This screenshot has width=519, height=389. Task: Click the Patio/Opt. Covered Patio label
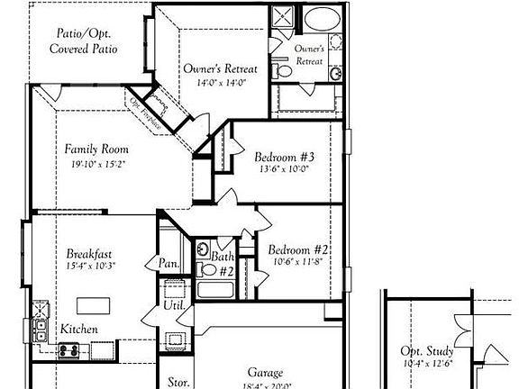[83, 41]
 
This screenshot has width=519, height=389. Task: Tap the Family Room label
[96, 149]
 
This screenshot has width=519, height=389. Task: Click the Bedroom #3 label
[283, 155]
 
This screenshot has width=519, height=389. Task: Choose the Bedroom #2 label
[296, 249]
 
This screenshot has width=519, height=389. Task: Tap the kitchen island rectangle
[93, 303]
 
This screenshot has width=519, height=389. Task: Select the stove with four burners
[70, 348]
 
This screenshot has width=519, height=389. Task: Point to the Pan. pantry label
[168, 265]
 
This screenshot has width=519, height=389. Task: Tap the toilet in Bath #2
[206, 267]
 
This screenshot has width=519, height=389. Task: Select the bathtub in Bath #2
[214, 290]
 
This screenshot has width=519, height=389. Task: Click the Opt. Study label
[428, 351]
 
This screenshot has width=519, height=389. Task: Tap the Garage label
[266, 372]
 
